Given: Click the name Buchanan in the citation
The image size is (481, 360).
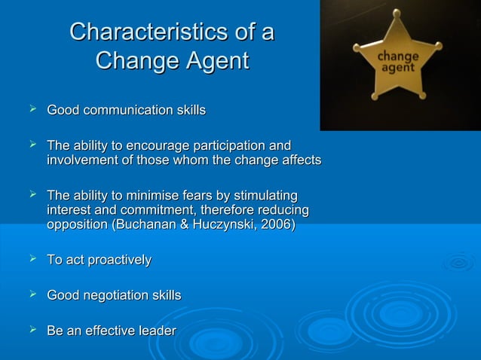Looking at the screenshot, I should coord(143,224).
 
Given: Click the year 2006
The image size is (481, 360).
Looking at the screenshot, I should coord(276,224).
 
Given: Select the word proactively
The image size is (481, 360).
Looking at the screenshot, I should coord(119,260).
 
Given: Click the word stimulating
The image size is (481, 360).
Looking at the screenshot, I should coord(265,194).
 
